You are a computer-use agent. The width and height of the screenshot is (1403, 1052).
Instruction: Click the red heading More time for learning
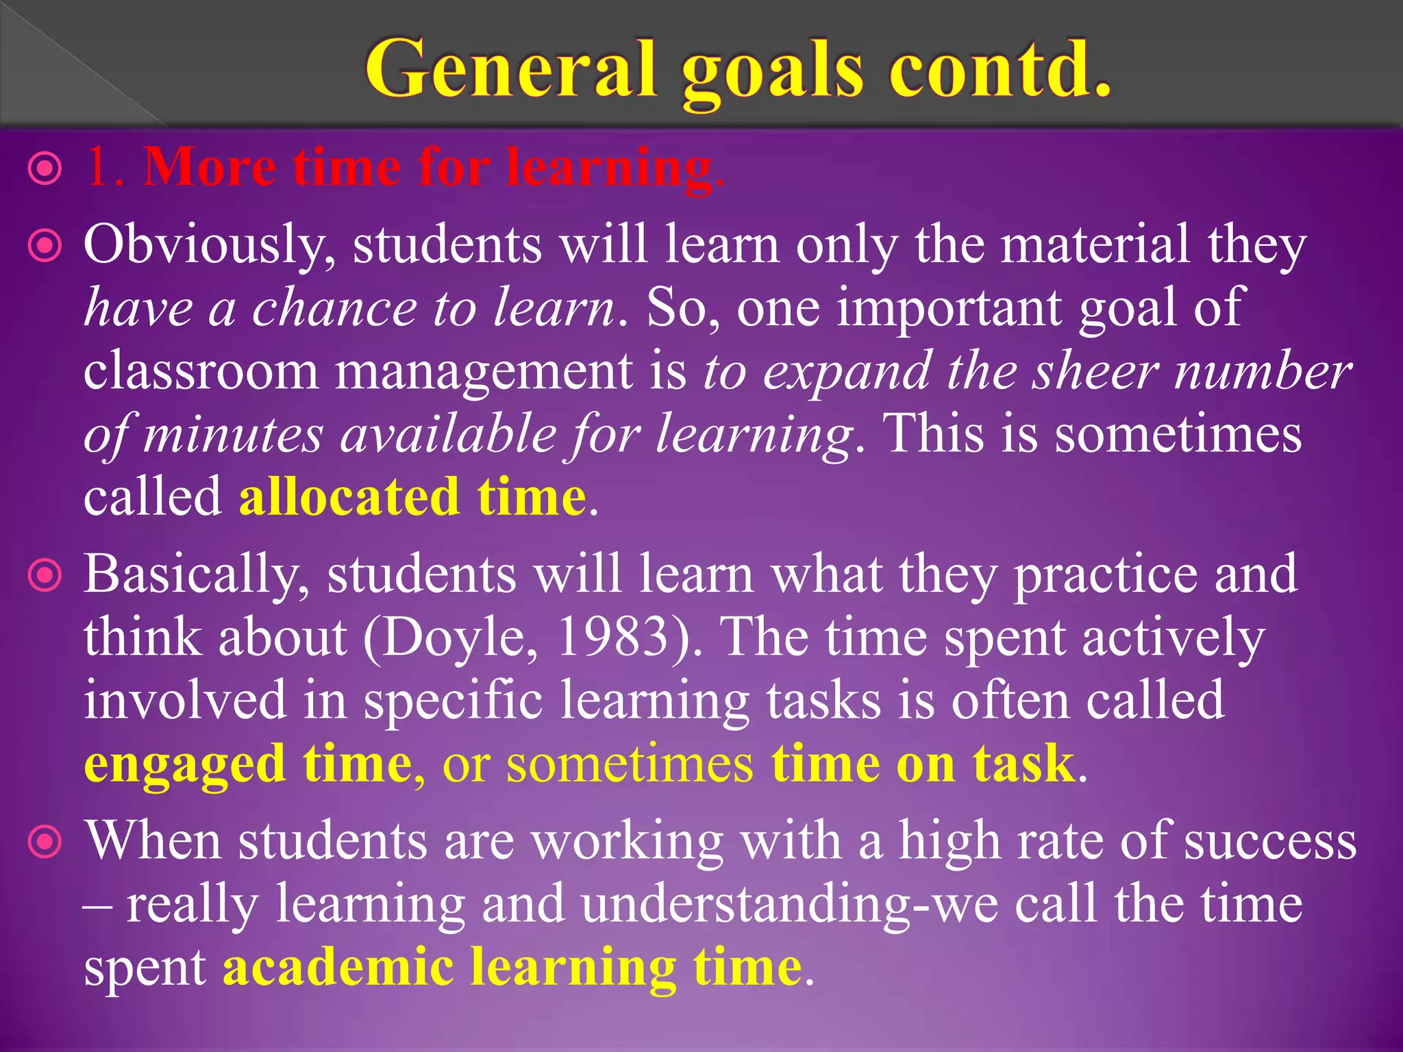point(432,168)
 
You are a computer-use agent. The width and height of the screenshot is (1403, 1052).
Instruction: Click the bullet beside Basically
point(45,576)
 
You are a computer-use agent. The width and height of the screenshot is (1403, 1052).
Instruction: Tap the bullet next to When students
point(45,843)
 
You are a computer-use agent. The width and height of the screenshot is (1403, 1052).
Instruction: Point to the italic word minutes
point(233,435)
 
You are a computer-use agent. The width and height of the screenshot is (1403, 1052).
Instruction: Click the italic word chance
point(334,308)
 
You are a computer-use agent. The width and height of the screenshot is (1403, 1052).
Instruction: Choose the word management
point(484,373)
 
